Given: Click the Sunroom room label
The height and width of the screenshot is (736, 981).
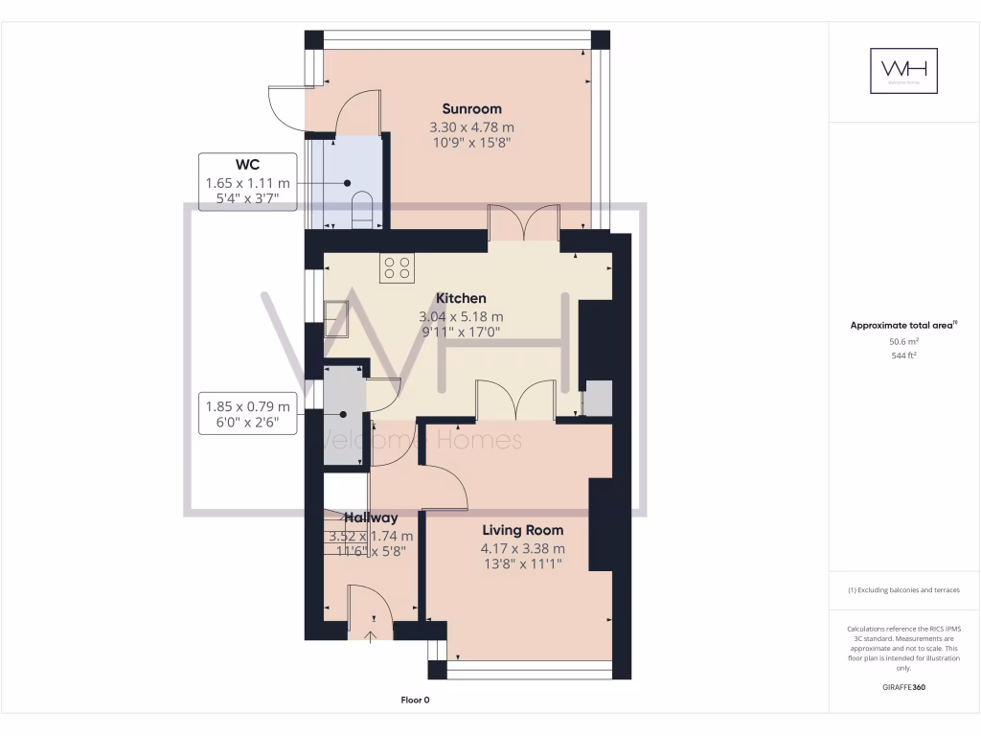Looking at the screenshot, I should [471, 108].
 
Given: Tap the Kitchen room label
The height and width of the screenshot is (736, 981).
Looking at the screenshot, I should [461, 298].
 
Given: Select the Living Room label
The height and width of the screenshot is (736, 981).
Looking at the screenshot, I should [522, 530].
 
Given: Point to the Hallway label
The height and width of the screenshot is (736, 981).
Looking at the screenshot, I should [371, 517].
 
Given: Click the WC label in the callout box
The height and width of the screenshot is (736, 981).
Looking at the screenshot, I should [246, 164].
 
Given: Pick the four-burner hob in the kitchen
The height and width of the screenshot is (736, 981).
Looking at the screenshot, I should [397, 268].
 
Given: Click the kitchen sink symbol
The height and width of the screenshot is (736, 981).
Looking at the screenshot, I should [336, 316].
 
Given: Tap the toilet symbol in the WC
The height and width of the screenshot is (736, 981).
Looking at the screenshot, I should [362, 212].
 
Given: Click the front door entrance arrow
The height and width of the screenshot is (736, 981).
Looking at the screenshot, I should [371, 633].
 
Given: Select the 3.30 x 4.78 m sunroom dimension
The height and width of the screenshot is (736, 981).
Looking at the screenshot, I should [471, 126].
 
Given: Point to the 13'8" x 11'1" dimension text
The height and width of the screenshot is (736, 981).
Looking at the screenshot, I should [522, 564].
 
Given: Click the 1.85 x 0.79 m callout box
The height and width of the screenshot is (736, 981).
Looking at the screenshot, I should [246, 414].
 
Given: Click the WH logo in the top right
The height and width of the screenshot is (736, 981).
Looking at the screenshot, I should [903, 71].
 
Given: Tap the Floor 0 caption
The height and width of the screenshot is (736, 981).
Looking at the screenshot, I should [415, 701].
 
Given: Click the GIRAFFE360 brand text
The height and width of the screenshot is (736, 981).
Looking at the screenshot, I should [903, 687].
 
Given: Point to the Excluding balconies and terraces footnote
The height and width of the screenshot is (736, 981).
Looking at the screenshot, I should [903, 590].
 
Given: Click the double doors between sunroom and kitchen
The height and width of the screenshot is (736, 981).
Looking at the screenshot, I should [523, 223].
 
